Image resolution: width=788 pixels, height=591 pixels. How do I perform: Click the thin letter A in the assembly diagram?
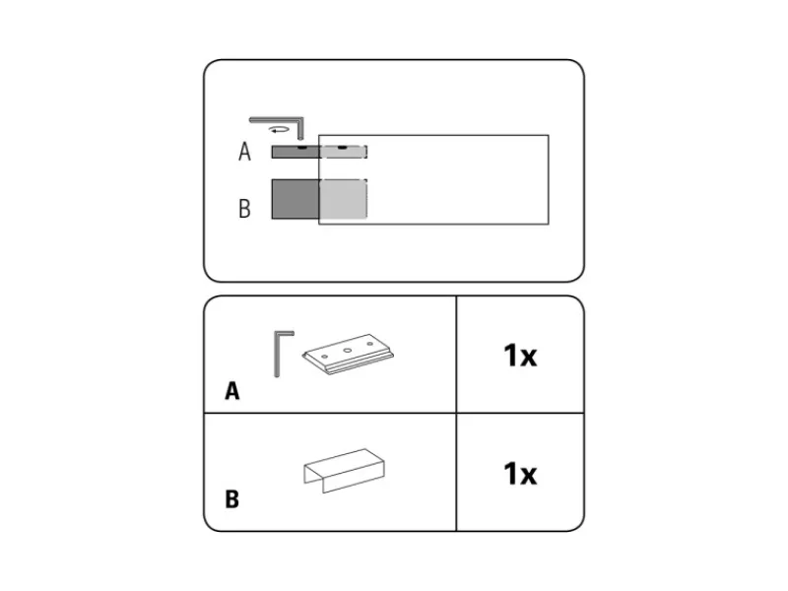[244, 152]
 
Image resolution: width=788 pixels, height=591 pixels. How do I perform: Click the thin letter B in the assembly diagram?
[244, 209]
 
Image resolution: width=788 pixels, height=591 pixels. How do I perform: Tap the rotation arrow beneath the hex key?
[279, 130]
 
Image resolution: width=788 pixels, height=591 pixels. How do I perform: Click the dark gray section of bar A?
[295, 152]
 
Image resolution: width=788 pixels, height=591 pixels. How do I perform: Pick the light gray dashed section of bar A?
[344, 152]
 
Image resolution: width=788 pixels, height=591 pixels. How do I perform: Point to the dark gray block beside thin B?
[295, 199]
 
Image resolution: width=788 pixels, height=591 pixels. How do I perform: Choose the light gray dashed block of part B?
[344, 199]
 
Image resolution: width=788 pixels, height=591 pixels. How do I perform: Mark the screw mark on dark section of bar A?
[301, 148]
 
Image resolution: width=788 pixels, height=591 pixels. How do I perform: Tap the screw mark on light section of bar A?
[342, 148]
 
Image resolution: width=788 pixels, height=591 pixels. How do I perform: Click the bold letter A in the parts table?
[232, 391]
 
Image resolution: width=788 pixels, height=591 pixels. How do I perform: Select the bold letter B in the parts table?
[231, 499]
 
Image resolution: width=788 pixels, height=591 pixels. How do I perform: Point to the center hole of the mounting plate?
[348, 351]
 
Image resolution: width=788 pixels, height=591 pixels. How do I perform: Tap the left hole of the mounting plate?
[325, 357]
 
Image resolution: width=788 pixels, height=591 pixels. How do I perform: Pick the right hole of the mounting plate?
[370, 344]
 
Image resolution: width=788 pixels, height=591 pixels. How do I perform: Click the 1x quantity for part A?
[520, 356]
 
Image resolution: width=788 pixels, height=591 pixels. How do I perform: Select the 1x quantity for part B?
[520, 474]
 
